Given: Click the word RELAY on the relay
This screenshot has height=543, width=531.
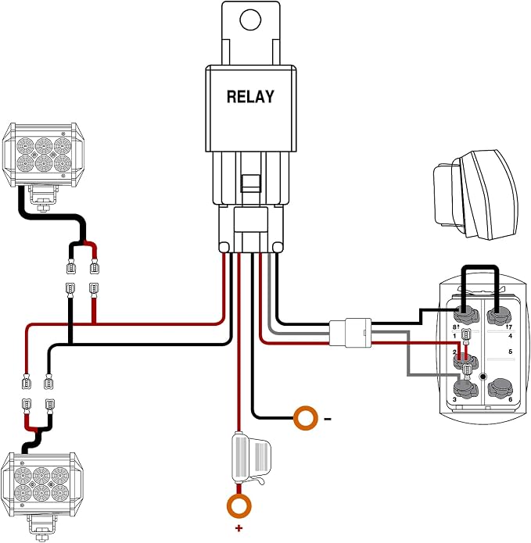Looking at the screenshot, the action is point(250,97).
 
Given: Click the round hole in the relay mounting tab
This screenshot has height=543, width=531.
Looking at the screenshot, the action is point(250,20).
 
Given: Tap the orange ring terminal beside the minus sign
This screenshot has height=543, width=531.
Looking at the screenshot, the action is point(306,418).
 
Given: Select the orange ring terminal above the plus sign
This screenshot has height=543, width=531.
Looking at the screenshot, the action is point(239,506).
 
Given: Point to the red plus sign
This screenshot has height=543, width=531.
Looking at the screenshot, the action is point(239,528).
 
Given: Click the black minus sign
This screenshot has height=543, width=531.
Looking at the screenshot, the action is point(328,419).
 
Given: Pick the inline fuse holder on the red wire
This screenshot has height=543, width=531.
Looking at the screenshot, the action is point(250,457).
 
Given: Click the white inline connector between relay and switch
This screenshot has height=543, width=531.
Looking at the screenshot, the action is point(350,333).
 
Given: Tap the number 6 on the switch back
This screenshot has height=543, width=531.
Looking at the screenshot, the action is point(510,399).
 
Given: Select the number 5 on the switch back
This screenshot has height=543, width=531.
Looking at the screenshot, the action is point(510,352).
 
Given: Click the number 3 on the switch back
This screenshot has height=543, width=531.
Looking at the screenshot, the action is point(454,399).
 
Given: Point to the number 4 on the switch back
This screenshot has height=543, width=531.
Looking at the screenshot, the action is point(510,336).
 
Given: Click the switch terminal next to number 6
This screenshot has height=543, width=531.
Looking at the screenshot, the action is point(501,388).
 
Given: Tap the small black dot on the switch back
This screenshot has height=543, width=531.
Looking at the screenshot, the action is point(483,377).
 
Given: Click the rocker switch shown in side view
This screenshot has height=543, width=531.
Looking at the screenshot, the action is point(475,195).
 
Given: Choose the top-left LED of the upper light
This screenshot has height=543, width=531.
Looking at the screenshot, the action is point(25,146).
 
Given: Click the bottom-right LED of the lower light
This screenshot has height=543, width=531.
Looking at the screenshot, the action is point(60,493).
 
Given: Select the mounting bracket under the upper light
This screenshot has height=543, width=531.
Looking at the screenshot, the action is point(42,198).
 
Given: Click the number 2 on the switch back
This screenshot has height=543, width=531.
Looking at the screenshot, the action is point(454,352).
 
